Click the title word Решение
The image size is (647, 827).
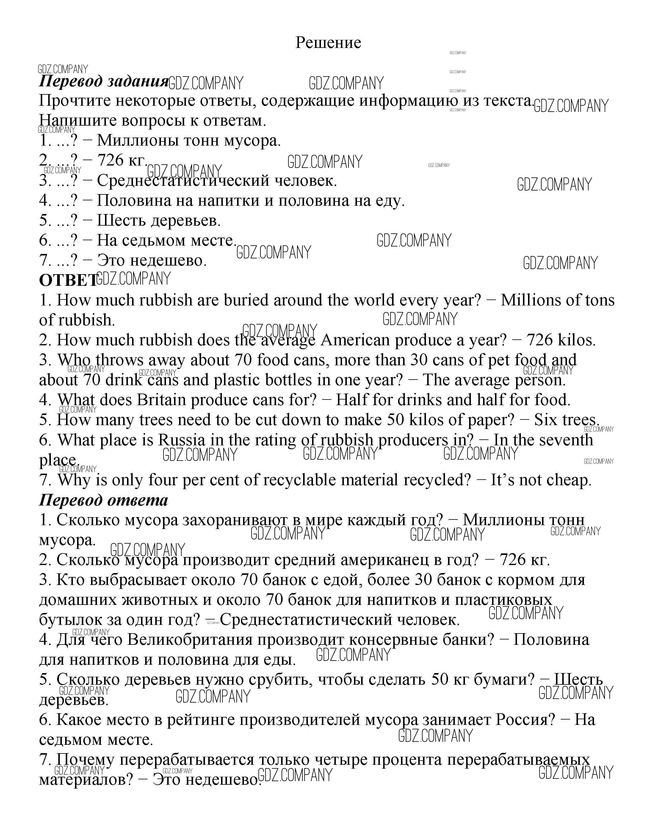point(328,43)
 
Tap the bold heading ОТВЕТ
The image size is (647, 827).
point(68,280)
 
